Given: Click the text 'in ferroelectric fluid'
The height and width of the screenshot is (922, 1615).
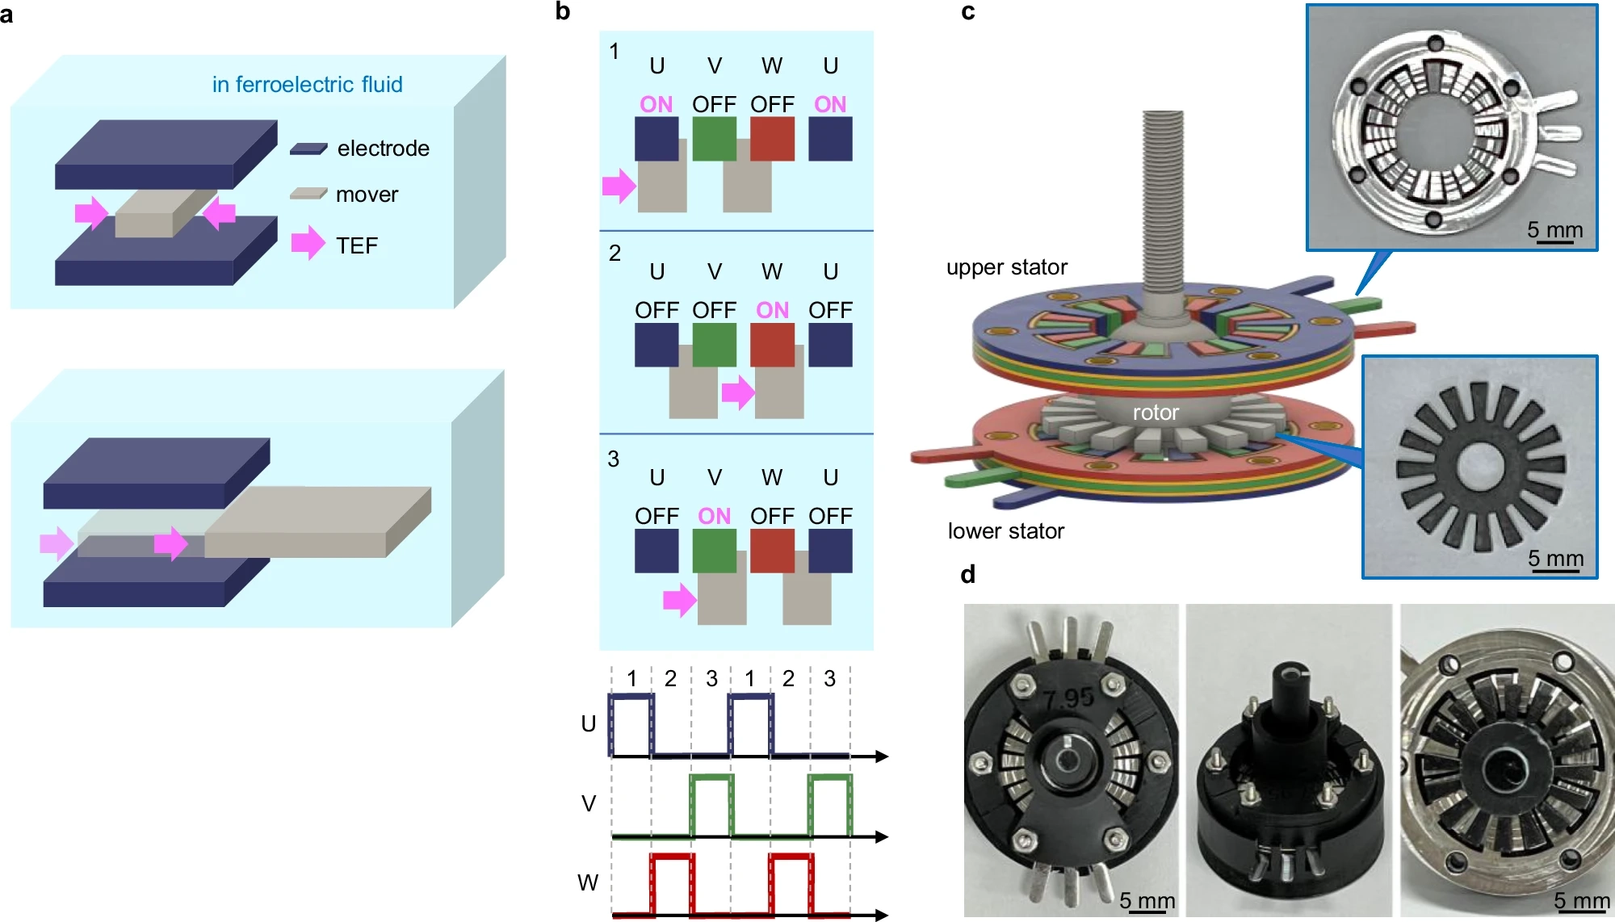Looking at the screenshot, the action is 307,84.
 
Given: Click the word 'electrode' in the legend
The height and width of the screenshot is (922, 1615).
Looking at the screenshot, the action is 383,149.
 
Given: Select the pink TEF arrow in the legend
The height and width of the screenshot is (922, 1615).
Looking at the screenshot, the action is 308,243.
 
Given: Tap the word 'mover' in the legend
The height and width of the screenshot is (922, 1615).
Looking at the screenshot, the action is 367,195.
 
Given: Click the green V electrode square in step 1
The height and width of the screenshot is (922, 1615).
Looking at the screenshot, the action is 714,139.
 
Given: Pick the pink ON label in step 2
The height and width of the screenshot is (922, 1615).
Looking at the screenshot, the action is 772,310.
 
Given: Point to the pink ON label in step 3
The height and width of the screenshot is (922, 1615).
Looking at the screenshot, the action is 714,516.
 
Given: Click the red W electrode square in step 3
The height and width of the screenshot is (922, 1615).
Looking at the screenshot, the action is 772,551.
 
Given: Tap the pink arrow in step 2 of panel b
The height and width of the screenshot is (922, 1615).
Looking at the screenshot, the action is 738,392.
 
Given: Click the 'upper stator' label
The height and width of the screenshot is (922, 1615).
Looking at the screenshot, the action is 1006,267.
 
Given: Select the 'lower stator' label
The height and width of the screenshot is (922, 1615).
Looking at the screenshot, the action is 1005,531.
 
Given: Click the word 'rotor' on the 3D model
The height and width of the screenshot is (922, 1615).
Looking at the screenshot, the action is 1156,413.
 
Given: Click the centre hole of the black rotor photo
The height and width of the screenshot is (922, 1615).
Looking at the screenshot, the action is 1480,467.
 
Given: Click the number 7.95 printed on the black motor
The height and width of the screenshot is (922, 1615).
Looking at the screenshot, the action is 1068,698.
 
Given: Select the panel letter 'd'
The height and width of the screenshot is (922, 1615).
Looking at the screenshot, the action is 968,574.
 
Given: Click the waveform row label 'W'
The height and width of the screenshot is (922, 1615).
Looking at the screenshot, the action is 588,882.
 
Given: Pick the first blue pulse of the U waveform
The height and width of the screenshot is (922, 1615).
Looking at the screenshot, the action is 631,724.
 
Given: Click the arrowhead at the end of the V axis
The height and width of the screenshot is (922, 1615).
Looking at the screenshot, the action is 882,836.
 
